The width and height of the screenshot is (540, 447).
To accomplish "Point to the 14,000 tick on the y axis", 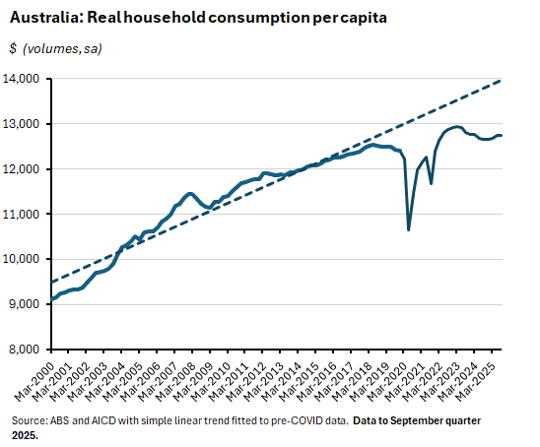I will pos(22,79).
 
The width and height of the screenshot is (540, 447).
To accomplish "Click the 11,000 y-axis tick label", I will pos(22,214).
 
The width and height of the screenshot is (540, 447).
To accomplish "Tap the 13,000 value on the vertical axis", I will pos(22,124).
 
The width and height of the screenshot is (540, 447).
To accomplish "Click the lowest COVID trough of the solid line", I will pos(409,229).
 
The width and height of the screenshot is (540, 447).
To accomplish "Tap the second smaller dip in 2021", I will pos(431,183).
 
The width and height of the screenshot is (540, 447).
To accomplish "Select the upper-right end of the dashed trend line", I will pos(502,81).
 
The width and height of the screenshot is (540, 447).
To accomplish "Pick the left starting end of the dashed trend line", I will pos(50,283).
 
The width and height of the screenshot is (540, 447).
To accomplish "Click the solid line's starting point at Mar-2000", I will pos(51,298).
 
